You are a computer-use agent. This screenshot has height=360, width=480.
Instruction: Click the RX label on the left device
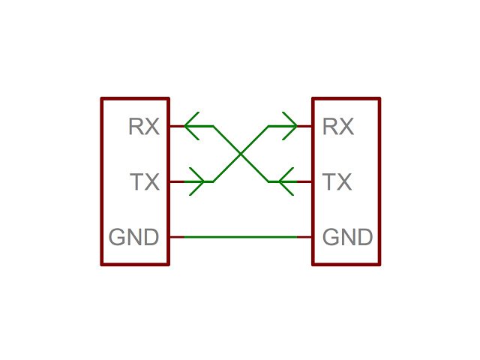(x=144, y=127)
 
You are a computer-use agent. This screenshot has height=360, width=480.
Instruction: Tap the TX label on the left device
(x=145, y=181)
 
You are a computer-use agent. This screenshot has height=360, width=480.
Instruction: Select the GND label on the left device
(x=134, y=238)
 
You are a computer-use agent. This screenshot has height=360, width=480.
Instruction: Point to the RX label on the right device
(x=337, y=127)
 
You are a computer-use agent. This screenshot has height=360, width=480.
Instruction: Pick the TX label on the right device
(x=337, y=181)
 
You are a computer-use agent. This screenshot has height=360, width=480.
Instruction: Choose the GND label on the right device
(x=347, y=238)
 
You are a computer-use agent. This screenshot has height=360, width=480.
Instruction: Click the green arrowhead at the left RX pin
(x=192, y=126)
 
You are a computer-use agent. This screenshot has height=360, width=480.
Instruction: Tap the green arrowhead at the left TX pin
(x=198, y=181)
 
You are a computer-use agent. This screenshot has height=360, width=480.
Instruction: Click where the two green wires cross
(x=241, y=154)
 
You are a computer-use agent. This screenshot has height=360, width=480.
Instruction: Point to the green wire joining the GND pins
(x=240, y=237)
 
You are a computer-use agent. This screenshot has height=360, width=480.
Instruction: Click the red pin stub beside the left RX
(x=176, y=126)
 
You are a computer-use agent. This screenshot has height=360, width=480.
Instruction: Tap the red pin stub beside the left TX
(x=176, y=181)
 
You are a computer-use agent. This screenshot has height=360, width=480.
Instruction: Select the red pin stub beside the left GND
(x=176, y=237)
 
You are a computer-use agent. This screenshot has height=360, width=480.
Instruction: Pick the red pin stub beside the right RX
(x=305, y=126)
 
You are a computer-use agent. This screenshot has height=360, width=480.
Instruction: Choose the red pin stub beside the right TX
(x=305, y=181)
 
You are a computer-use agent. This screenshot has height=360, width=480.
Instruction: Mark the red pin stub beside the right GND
(x=305, y=237)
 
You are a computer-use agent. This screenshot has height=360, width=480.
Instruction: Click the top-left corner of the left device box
(x=102, y=98)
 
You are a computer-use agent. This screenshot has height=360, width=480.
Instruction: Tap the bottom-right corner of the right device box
(x=379, y=264)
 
